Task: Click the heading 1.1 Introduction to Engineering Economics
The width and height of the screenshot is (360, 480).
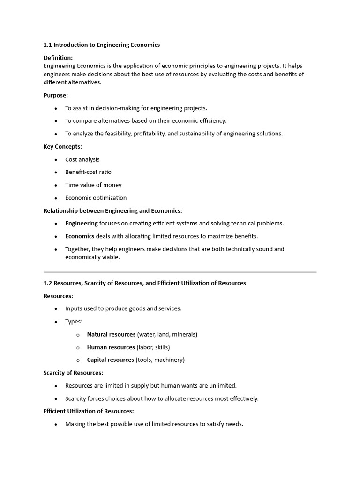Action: point(102,45)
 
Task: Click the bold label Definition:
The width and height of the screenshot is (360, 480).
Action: point(58,58)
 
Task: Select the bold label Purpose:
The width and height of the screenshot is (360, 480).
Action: point(56,95)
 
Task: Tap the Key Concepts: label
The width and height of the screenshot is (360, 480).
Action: point(63,147)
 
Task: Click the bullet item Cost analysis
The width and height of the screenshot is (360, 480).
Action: point(82,159)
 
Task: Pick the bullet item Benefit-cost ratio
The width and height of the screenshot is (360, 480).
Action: point(88,172)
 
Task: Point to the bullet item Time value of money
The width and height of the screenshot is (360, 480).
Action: point(93,185)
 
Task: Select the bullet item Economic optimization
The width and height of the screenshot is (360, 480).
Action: point(96,198)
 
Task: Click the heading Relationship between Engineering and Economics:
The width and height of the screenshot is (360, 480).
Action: point(113,211)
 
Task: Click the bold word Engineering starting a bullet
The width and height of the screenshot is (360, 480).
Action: point(82,224)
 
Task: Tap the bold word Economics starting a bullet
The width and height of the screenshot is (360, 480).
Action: point(80,236)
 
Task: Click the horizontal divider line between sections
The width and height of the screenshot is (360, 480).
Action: point(180,272)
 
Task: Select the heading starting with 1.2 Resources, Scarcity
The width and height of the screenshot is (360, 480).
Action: point(145,283)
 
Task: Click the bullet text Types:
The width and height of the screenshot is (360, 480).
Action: point(74,322)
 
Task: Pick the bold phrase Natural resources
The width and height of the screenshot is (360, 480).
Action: point(111,335)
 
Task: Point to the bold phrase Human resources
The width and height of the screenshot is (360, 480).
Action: point(111,347)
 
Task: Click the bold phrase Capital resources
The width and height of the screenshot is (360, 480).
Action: point(110,360)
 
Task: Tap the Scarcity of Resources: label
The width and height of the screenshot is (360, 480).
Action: point(73,373)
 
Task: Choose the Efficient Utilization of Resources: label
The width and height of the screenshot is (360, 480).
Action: point(89,411)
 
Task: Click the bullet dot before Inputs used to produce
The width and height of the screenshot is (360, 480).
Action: point(56,309)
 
